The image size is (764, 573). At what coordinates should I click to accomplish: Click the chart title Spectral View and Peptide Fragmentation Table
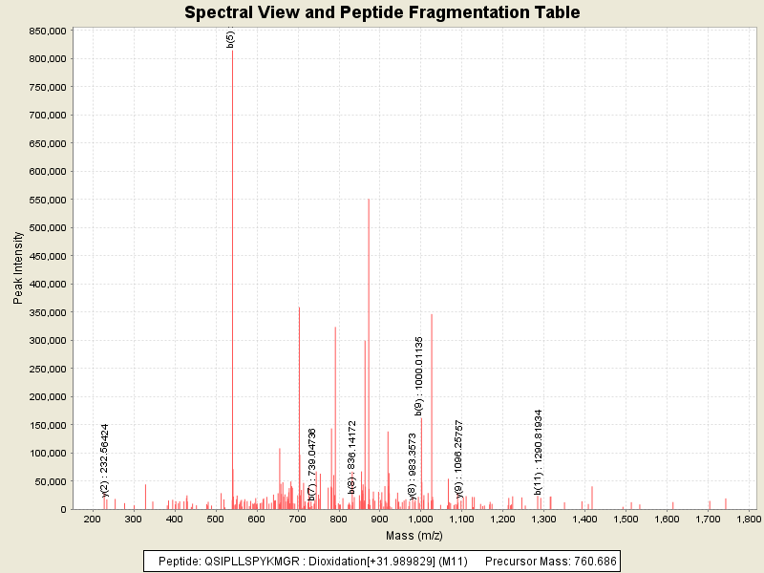(382, 12)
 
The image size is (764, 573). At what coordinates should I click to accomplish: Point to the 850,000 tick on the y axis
(45, 31)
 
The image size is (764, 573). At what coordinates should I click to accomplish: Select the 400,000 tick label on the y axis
(45, 284)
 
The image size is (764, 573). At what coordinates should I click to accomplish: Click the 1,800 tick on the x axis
(749, 520)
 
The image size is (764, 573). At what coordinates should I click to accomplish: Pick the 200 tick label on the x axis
(93, 520)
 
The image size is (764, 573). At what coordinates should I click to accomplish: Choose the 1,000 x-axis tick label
(420, 520)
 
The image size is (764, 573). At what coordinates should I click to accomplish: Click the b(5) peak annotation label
(230, 39)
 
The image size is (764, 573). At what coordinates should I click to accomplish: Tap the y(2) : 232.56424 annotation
(104, 460)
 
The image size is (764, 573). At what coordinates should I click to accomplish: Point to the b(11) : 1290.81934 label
(538, 453)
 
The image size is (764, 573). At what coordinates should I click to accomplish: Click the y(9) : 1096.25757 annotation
(459, 458)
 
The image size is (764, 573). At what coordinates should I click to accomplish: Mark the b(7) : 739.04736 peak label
(311, 464)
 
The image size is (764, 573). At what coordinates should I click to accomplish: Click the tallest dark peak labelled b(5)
(232, 286)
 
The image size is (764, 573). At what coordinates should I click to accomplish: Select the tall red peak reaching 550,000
(369, 353)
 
